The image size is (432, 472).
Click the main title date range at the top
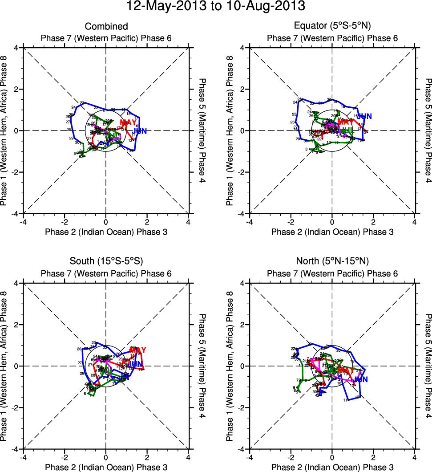[216, 6]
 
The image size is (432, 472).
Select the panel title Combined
[106, 27]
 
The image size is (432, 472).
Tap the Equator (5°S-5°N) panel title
[332, 27]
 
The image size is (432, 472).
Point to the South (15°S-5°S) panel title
[106, 260]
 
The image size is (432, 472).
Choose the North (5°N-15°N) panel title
[332, 260]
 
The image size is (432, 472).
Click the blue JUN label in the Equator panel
[364, 116]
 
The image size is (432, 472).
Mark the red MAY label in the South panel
[137, 350]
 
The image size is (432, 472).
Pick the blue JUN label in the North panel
[361, 379]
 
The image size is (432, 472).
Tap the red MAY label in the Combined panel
[128, 122]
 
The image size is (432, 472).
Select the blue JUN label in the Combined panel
[139, 131]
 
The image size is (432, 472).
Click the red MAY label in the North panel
[346, 370]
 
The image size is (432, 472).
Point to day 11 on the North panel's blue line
[346, 400]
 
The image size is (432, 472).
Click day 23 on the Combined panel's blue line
[82, 103]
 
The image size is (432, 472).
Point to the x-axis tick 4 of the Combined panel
[188, 221]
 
